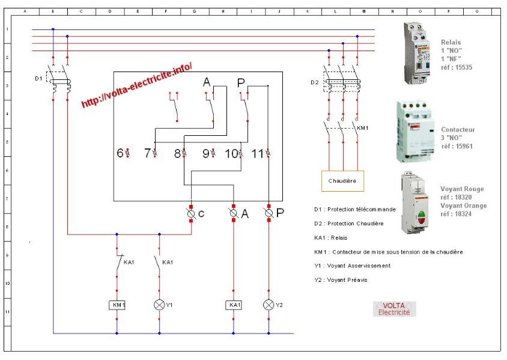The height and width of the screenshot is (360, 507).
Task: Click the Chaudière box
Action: pos(342,180)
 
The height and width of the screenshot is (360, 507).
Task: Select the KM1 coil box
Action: pos(117,305)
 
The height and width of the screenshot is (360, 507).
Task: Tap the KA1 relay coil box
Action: pos(233,305)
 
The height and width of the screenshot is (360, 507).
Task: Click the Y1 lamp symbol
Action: pos(159,305)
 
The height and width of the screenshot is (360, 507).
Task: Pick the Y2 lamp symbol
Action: pos(269,305)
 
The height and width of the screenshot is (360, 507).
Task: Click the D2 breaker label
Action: pos(315,82)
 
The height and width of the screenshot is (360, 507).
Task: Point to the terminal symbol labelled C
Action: pos(192,213)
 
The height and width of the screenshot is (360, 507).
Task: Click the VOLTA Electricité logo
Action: pos(394,309)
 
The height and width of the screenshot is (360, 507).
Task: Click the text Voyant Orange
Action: pos(463,206)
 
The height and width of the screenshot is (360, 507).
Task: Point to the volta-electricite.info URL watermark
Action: pos(137,85)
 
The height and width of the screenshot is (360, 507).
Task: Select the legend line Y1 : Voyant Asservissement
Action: pos(351,266)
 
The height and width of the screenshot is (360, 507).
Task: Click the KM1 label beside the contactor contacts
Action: pos(362,128)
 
